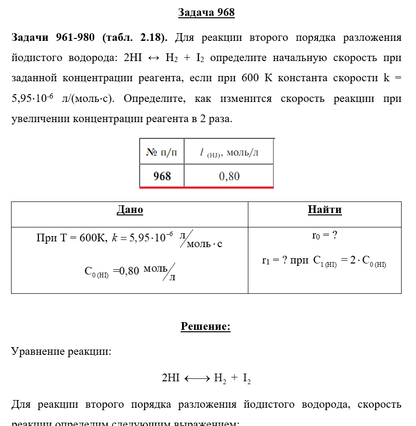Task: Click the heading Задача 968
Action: pyautogui.click(x=206, y=13)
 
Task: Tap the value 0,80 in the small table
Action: pyautogui.click(x=229, y=176)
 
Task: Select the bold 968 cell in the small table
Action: pyautogui.click(x=162, y=176)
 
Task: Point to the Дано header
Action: pyautogui.click(x=130, y=210)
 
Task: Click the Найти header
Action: pyautogui.click(x=325, y=210)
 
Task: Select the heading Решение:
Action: pyautogui.click(x=206, y=327)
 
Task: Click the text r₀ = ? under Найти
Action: pyautogui.click(x=324, y=236)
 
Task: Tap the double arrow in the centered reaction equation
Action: pyautogui.click(x=196, y=379)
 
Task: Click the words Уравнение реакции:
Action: pyautogui.click(x=61, y=351)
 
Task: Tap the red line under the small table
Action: pyautogui.click(x=207, y=188)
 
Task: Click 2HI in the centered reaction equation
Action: pyautogui.click(x=171, y=378)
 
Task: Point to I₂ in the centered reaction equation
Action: pyautogui.click(x=246, y=379)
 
